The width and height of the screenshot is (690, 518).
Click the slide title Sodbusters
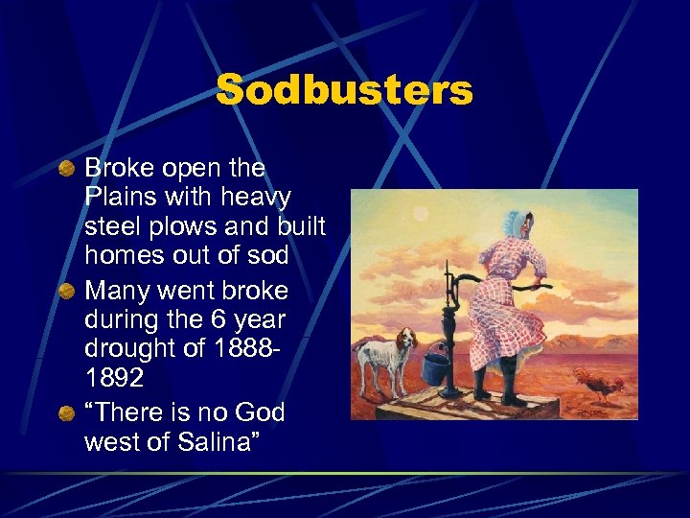pos(344,91)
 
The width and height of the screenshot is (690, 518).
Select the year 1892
pos(114,378)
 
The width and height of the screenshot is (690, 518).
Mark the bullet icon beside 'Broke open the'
pos(64,170)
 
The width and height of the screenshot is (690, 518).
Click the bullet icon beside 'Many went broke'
pos(64,291)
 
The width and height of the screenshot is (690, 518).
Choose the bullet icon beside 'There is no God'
pos(64,412)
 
